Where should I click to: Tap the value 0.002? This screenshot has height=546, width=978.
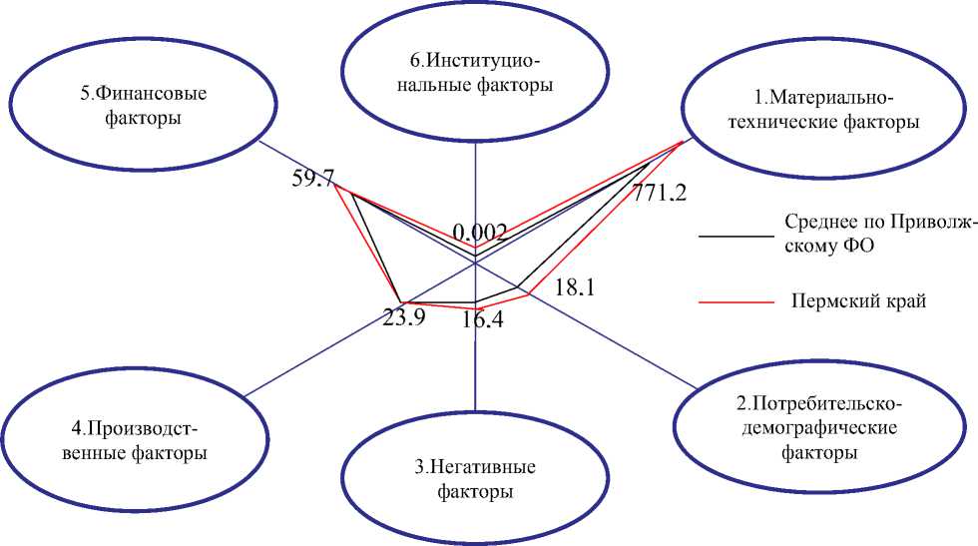480,233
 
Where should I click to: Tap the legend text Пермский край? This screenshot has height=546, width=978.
858,300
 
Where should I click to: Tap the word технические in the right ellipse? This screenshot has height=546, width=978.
799,123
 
